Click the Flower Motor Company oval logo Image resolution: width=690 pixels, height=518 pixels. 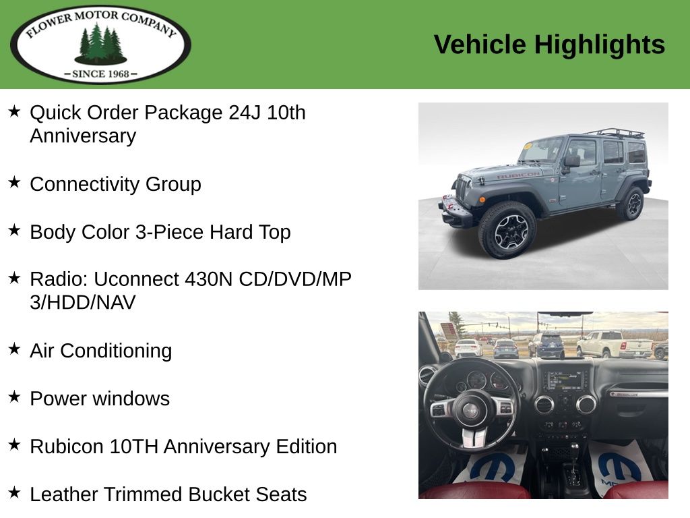click(100, 44)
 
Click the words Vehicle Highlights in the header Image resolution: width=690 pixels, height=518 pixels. click(549, 45)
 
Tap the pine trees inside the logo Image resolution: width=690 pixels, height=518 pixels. click(101, 44)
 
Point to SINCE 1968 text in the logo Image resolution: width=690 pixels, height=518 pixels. click(101, 74)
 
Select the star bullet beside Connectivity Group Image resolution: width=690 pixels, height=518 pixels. click(15, 182)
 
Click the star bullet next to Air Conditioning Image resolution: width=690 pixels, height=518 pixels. click(15, 349)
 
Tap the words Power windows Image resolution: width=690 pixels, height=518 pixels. click(100, 399)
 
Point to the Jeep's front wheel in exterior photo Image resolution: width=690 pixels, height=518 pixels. click(507, 229)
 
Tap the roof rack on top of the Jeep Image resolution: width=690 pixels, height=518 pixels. click(615, 133)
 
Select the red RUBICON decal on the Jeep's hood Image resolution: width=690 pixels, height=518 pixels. click(518, 175)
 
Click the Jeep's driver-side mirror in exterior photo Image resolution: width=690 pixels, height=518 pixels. click(571, 161)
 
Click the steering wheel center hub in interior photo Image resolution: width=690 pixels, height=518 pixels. click(470, 411)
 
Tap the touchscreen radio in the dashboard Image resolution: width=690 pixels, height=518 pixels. click(565, 380)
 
